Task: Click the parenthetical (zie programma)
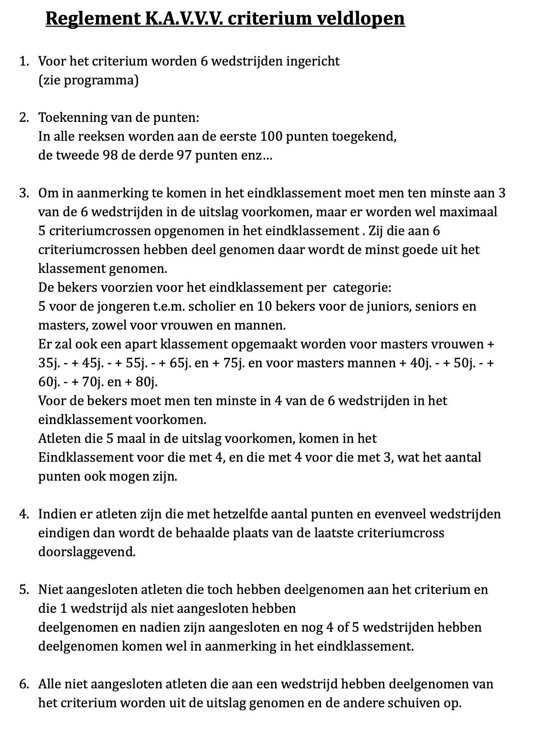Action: click(88, 81)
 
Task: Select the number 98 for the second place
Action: click(100, 155)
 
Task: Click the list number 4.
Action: click(23, 515)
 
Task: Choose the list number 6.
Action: click(23, 684)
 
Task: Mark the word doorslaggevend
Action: click(87, 552)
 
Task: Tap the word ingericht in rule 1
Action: click(313, 61)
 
